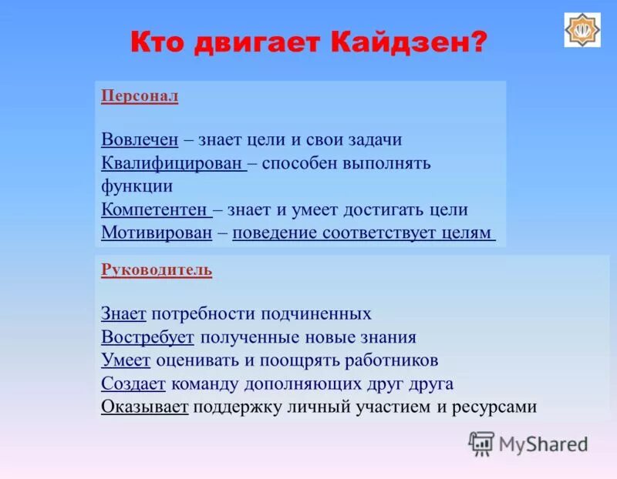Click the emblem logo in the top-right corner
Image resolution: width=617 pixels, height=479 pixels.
[x=582, y=30]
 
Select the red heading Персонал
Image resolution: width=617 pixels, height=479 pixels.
[x=140, y=95]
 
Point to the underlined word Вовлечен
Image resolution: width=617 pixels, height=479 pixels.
[x=140, y=139]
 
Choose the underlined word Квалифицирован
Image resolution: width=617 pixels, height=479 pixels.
[x=173, y=163]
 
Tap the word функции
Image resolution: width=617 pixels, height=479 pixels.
[x=137, y=186]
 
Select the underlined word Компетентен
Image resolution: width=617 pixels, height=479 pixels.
[x=155, y=209]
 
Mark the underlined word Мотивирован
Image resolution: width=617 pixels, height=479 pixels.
[x=157, y=233]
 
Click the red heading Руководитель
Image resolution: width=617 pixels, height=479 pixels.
[x=157, y=270]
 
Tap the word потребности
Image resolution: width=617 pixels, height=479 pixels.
[x=202, y=313]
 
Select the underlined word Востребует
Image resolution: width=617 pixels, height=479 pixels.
[x=147, y=337]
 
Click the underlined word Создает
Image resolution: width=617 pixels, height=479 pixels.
[x=133, y=384]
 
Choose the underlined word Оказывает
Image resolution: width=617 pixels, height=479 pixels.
[x=145, y=407]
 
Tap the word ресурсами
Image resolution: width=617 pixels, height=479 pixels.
[x=494, y=407]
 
